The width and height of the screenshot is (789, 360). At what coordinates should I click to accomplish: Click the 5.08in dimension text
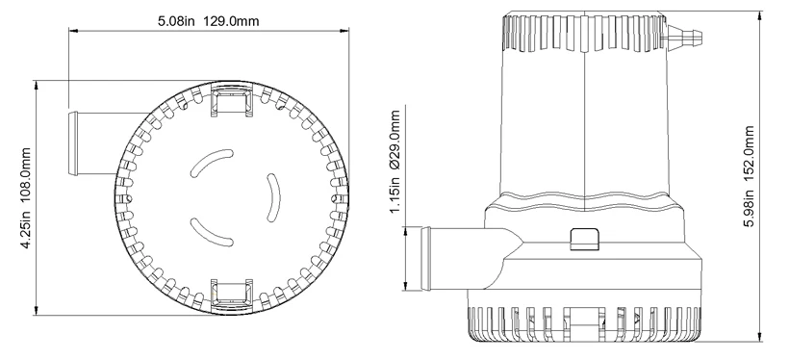[x=174, y=21]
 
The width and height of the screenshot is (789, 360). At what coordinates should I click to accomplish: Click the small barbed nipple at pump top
[x=683, y=38]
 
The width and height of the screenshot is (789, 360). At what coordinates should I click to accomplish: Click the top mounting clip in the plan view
[x=231, y=100]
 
